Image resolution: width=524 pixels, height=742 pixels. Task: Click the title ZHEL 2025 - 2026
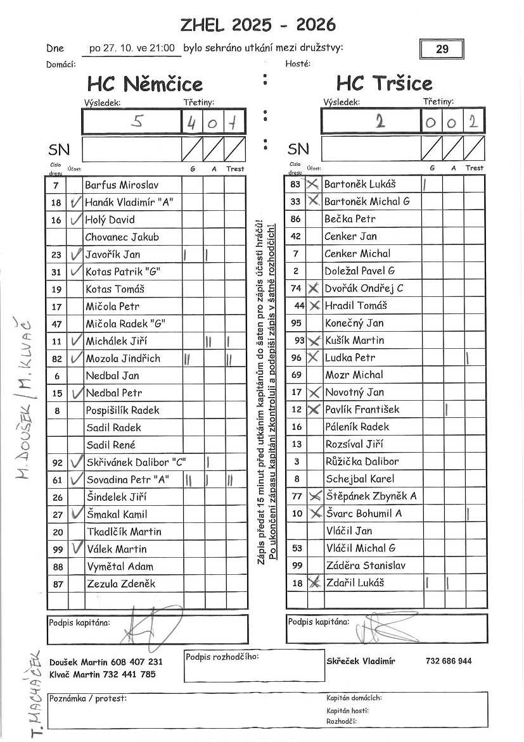point(258,25)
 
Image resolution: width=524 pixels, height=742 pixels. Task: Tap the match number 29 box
point(442,49)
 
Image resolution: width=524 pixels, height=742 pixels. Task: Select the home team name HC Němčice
point(145,84)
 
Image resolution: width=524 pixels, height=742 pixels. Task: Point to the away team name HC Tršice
point(385,84)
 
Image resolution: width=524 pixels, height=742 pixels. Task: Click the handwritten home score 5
point(137,122)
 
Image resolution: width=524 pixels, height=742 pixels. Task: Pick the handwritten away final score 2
point(380,122)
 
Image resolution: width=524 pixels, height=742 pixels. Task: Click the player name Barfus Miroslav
point(122,185)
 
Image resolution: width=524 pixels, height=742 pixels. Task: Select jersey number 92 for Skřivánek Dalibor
point(57,463)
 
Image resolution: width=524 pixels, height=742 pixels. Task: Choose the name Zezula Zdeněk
point(120,584)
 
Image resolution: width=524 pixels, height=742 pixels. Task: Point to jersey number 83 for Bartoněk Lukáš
point(295,184)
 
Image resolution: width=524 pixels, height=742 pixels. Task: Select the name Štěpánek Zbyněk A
point(371,496)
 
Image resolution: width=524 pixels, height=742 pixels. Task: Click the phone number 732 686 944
point(449,661)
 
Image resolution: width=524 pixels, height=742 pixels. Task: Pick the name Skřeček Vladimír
point(361,661)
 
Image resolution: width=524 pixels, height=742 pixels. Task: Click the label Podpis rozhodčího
point(222,656)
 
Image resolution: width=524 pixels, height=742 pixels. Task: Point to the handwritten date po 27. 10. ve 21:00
point(132,48)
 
